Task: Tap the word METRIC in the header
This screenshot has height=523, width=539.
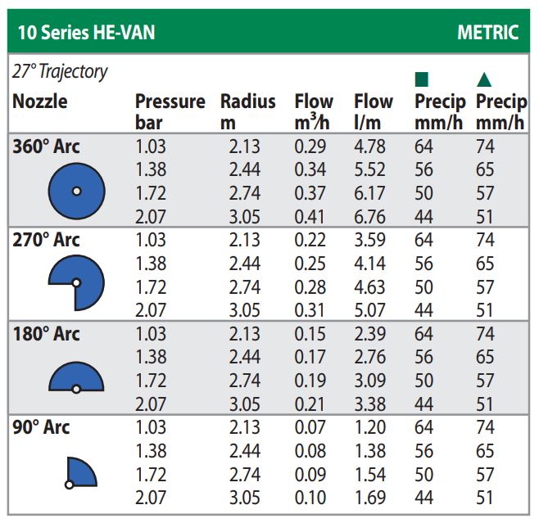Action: click(488, 33)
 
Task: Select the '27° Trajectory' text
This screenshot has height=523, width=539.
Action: click(60, 72)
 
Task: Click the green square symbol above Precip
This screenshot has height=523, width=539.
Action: click(423, 79)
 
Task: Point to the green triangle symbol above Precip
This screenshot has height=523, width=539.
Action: click(484, 79)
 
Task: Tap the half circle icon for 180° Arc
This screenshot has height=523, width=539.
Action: click(75, 378)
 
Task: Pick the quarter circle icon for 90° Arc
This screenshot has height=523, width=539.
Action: click(80, 472)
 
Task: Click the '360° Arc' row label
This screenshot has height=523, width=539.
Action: click(47, 147)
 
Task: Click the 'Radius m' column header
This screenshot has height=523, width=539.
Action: click(247, 112)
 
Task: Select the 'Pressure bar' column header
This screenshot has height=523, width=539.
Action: click(170, 112)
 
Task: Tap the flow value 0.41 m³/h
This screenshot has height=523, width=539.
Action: click(310, 217)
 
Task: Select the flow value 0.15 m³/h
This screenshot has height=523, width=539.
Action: click(310, 334)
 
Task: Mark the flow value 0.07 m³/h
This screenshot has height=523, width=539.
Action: click(310, 427)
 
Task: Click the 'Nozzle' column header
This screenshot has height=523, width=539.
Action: click(40, 102)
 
